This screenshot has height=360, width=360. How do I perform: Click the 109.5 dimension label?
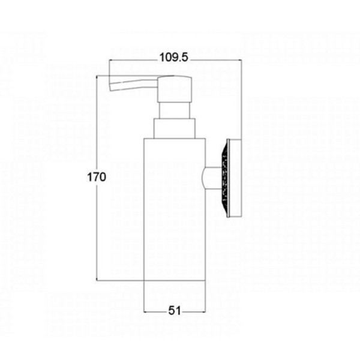click(174, 58)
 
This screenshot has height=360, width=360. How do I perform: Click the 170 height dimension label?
click(97, 177)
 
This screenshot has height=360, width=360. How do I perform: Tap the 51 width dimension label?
click(175, 311)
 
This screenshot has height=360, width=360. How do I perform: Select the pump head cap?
click(175, 89)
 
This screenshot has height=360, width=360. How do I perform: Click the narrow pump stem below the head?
click(175, 110)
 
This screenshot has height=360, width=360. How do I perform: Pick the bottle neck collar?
click(175, 128)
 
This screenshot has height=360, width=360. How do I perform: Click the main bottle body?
click(174, 209)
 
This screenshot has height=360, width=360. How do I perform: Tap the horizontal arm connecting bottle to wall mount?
click(212, 178)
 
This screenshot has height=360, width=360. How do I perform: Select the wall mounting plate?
click(234, 178)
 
